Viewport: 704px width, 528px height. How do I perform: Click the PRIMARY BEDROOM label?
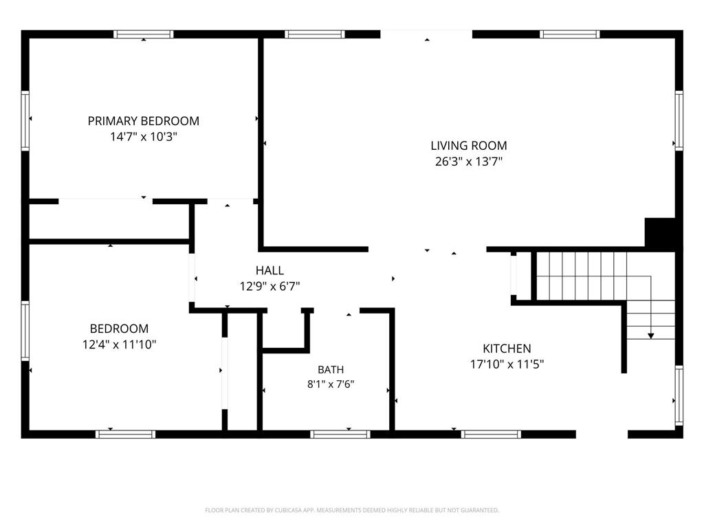pos(143,121)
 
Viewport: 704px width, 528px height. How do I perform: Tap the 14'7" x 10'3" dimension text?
pos(144,137)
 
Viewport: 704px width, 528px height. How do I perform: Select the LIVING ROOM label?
pos(469,146)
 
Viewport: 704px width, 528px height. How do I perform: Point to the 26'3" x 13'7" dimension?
pos(469,161)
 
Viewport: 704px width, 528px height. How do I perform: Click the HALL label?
pos(269,270)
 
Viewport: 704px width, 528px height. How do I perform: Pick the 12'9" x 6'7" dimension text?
pos(269,286)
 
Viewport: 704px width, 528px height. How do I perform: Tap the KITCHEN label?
pos(507,349)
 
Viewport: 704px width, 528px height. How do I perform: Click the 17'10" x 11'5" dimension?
pos(507,364)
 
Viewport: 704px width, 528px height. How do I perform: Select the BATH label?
pos(331,369)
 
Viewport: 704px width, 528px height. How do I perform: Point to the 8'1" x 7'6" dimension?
pos(331,384)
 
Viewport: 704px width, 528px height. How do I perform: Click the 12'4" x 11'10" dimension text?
pos(119,344)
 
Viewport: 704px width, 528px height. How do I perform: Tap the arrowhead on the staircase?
pos(650,335)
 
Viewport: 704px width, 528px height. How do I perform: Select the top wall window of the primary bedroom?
pos(143,34)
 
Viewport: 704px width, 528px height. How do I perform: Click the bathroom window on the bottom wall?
pos(340,434)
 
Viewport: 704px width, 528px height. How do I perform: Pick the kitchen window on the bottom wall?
pos(491,434)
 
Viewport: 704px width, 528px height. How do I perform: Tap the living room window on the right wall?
pos(679,120)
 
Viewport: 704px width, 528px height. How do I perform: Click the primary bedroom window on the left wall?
pos(25,121)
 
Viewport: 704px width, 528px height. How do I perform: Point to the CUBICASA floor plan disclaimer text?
pos(352,510)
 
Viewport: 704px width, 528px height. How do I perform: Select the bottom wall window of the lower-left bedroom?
pos(125,434)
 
